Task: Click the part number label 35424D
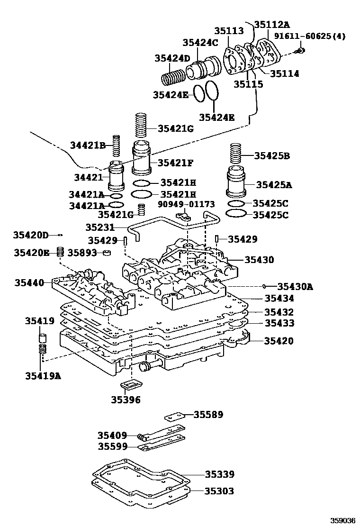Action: point(172,58)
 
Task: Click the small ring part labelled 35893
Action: point(108,253)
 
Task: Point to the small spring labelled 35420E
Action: point(60,252)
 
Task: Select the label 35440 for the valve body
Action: point(29,282)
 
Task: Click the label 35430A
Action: point(295,286)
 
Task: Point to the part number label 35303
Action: point(219,491)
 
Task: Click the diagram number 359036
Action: point(342,520)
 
